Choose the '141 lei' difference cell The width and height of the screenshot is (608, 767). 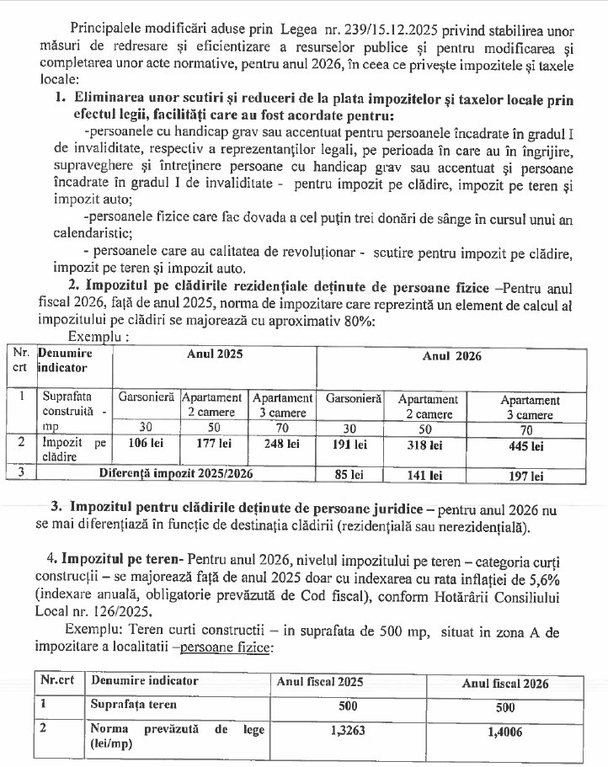tap(427, 475)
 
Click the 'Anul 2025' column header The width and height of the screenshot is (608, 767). tap(214, 355)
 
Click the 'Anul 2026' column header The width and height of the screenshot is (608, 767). tap(451, 355)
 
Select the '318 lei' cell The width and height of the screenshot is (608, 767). tap(427, 444)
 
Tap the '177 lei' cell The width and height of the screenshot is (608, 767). tap(213, 443)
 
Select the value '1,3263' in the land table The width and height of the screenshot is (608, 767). tap(347, 732)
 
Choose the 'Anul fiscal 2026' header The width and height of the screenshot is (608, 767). tap(505, 683)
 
